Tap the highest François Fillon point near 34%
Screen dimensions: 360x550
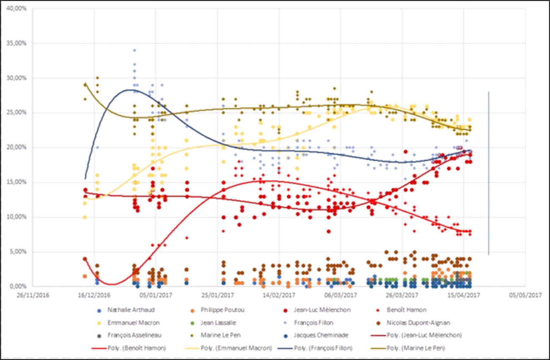135,50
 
